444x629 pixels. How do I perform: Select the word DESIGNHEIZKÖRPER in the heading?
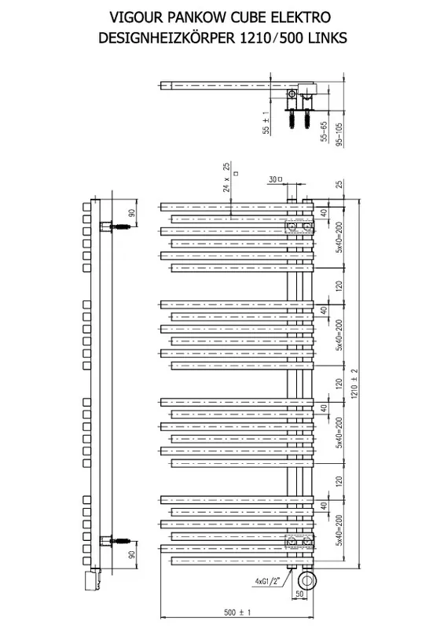[167, 38]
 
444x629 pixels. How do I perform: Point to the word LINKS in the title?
[328, 38]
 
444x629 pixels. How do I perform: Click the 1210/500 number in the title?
[272, 38]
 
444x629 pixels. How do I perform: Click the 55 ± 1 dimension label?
[266, 123]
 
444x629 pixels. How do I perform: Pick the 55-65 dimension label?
[324, 131]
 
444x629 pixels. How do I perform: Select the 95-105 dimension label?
[339, 135]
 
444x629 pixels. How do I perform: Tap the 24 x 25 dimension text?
[226, 177]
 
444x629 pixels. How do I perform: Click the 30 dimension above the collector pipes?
[273, 179]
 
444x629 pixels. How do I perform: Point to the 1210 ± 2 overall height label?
[354, 384]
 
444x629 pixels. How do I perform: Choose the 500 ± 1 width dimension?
[237, 612]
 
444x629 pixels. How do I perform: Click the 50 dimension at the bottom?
[299, 594]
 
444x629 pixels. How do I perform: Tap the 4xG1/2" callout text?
[267, 580]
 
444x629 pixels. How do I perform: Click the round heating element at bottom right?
[307, 580]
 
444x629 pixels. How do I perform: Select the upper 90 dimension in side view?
[132, 213]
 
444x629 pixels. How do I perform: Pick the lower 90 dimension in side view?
[132, 555]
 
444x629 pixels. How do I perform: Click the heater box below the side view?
[89, 581]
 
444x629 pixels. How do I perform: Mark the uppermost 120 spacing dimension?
[339, 286]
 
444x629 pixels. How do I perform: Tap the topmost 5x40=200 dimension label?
[339, 237]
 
